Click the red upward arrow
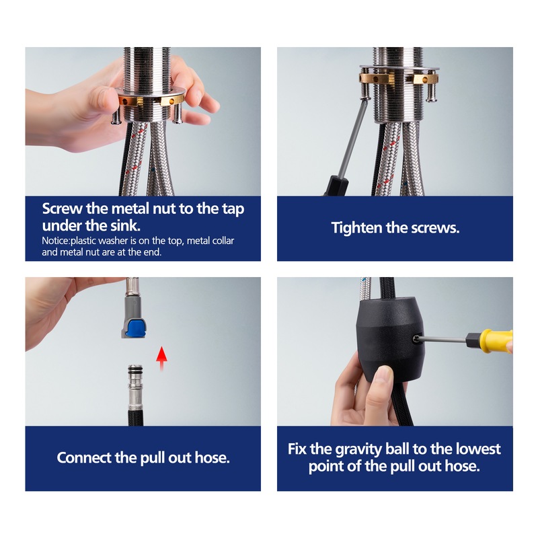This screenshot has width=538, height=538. click(161, 358)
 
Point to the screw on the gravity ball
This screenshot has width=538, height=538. click(416, 339)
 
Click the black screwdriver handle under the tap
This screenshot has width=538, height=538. click(336, 186)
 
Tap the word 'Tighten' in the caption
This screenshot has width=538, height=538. click(356, 228)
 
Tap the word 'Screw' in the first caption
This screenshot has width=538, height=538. click(62, 208)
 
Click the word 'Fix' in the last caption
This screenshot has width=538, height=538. click(297, 449)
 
